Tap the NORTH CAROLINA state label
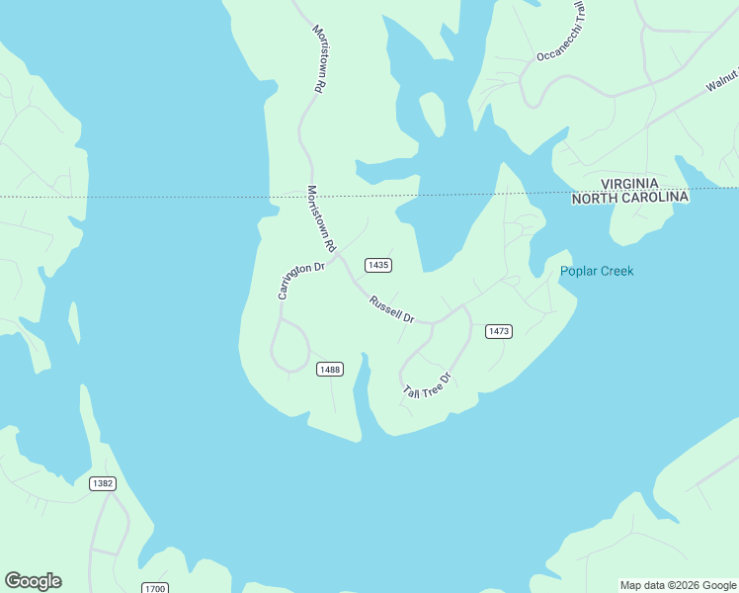630,198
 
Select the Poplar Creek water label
597,272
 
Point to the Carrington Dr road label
300,281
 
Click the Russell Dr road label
391,309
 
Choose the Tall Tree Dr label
427,386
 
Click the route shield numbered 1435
378,265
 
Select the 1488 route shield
329,370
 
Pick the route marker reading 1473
498,332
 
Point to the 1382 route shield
102,483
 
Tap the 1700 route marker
154,589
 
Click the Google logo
33,581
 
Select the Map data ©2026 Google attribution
678,585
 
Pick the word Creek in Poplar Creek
616,272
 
